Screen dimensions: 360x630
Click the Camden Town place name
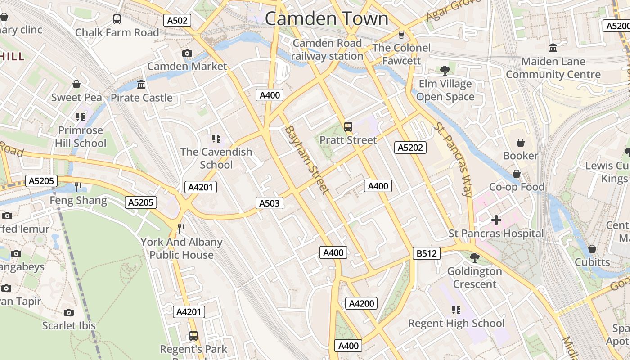click(326, 19)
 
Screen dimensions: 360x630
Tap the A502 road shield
click(177, 20)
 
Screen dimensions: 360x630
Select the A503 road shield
click(270, 203)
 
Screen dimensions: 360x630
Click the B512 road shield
click(426, 253)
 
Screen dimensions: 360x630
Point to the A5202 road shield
click(411, 147)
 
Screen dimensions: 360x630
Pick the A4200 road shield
click(361, 303)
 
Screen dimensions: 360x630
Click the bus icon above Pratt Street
click(348, 126)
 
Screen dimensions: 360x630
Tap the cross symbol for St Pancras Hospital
click(496, 220)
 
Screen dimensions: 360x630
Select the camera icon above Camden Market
click(187, 53)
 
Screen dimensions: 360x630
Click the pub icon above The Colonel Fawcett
click(401, 34)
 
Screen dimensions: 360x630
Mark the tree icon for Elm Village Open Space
click(445, 70)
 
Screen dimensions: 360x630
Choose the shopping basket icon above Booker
click(521, 143)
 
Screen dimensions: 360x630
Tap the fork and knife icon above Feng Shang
click(78, 187)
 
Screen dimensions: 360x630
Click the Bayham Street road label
click(307, 160)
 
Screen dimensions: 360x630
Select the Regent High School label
click(456, 323)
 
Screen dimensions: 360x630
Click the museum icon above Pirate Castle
click(141, 84)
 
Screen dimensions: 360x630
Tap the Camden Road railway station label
click(327, 49)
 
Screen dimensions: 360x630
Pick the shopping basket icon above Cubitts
click(592, 249)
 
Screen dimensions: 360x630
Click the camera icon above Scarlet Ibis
click(68, 312)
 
